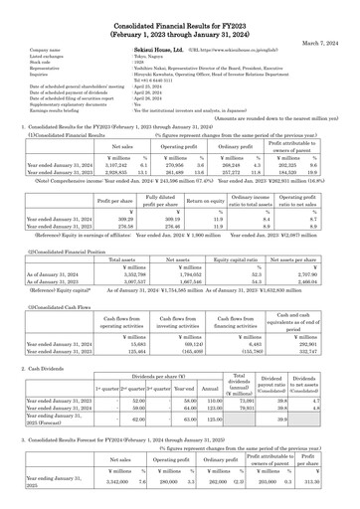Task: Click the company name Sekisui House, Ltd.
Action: [163, 47]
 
